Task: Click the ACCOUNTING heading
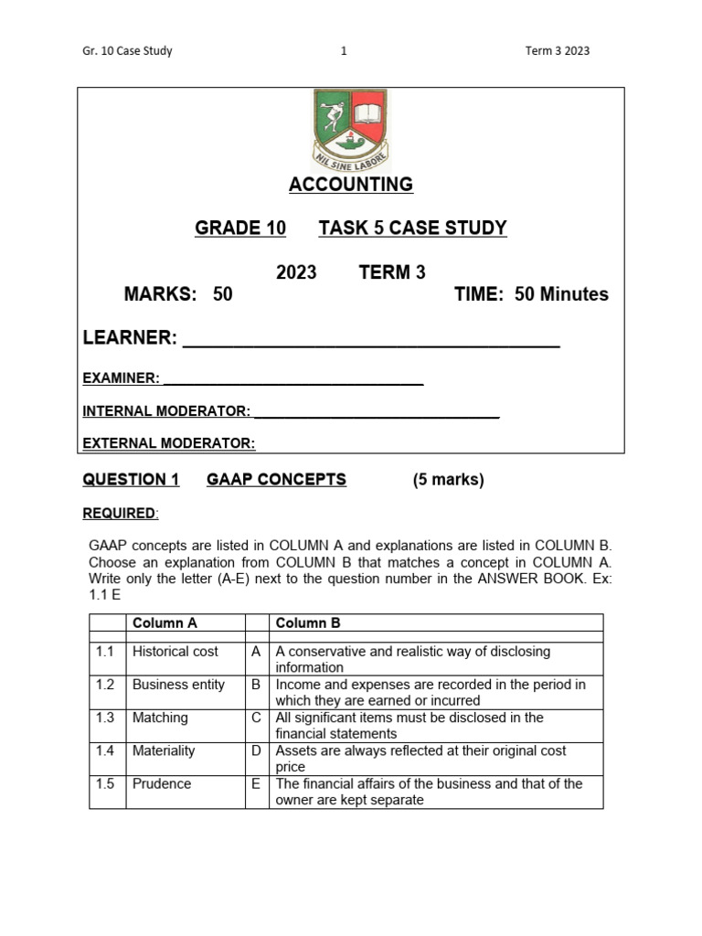coord(351,185)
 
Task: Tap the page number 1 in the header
coord(344,51)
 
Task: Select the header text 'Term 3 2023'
coord(558,51)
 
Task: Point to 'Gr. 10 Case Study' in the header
coord(127,51)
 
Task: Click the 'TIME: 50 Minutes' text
coord(531,294)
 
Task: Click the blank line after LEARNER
coord(371,340)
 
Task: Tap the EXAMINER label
coord(121,378)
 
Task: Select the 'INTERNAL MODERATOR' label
coord(166,411)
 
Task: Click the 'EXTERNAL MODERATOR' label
coord(168,443)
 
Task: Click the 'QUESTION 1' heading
coord(131,480)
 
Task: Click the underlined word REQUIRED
coord(119,514)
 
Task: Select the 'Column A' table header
coord(165,623)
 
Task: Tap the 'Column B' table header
coord(308,623)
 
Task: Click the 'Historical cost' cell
coord(175,652)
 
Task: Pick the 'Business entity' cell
coord(178,685)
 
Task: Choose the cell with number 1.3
coord(105,718)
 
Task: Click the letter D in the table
coord(256,750)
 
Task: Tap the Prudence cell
coord(162,783)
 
